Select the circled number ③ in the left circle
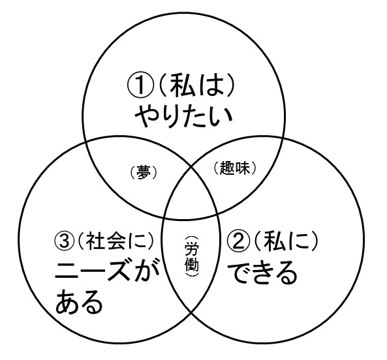(65, 241)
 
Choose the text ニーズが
(106, 271)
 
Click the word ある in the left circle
(78, 301)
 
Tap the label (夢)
(143, 172)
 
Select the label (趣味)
(234, 168)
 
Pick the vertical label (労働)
(191, 257)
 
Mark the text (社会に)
(116, 241)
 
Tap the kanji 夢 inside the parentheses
(143, 172)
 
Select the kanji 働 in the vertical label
(192, 264)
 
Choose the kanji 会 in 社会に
(116, 241)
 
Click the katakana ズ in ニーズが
(119, 271)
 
